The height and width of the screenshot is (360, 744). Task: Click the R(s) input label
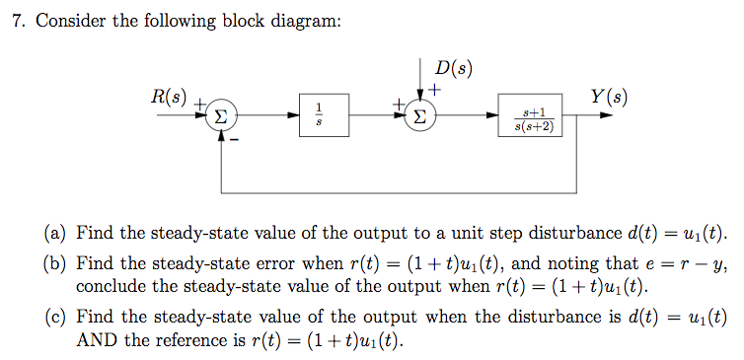pos(168,97)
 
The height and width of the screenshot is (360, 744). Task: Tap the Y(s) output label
pos(608,97)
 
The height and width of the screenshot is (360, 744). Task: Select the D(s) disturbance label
pos(453,69)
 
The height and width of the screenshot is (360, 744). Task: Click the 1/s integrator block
pos(318,115)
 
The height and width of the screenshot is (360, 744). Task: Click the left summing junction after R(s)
pos(223,116)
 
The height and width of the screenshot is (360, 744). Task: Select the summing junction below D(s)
pos(421,116)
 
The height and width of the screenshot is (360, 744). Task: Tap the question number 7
pos(17,22)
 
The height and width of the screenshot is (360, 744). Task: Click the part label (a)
pos(55,234)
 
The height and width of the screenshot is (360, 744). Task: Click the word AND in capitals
pos(97,341)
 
